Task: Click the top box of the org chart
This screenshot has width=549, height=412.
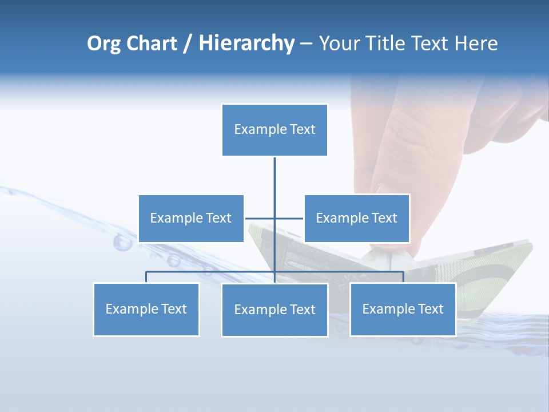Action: pyautogui.click(x=274, y=130)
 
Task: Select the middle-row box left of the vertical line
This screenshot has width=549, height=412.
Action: pyautogui.click(x=191, y=218)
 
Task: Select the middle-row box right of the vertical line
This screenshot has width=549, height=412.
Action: pyautogui.click(x=357, y=218)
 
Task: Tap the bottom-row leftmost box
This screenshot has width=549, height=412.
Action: pyautogui.click(x=146, y=309)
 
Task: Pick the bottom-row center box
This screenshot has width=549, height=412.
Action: pyautogui.click(x=274, y=310)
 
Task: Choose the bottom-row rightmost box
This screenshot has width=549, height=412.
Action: pyautogui.click(x=403, y=309)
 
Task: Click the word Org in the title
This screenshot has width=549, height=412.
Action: pyautogui.click(x=104, y=43)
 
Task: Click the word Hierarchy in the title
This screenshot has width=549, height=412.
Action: pyautogui.click(x=246, y=43)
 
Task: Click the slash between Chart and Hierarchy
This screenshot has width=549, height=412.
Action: pyautogui.click(x=188, y=43)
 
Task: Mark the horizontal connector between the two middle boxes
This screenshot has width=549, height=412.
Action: pyautogui.click(x=274, y=218)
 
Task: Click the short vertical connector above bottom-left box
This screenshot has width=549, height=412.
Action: pyautogui.click(x=146, y=277)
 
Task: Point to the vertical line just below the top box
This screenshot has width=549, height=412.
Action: pyautogui.click(x=274, y=172)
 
